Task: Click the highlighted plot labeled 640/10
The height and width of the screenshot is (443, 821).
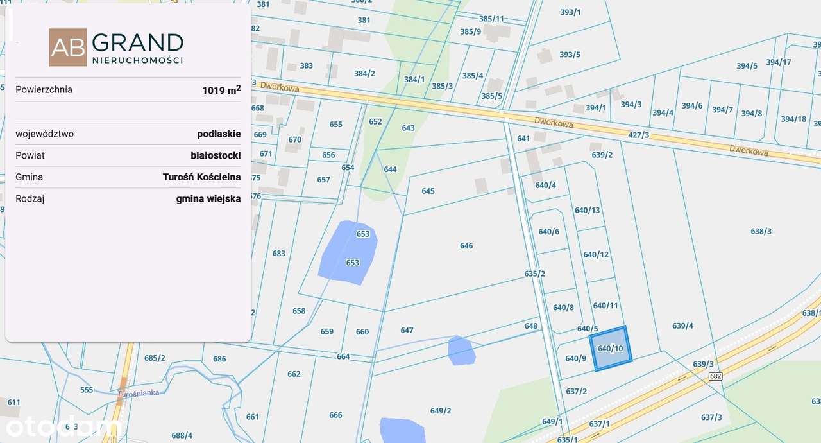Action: [610, 348]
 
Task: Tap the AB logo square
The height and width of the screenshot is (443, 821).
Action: [67, 47]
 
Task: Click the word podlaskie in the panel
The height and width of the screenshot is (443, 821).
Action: [219, 134]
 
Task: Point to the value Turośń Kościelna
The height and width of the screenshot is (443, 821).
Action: [201, 177]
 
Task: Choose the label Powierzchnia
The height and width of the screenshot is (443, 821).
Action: [44, 90]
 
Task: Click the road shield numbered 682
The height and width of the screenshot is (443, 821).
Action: [716, 376]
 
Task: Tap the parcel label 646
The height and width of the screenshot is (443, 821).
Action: [466, 246]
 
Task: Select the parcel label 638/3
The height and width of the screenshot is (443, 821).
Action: [761, 231]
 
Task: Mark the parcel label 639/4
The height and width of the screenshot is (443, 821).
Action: [682, 326]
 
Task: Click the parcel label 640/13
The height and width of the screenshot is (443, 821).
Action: [587, 210]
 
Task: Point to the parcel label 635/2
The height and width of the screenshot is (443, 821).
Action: [534, 274]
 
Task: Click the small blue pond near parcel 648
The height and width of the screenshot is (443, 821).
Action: [461, 351]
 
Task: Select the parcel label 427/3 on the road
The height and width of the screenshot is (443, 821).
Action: [638, 135]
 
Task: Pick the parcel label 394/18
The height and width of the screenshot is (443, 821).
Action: [793, 119]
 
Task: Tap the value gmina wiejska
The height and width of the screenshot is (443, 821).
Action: [208, 199]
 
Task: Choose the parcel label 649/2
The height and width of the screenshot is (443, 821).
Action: [441, 411]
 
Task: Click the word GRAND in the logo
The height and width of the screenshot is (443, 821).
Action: [137, 42]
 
